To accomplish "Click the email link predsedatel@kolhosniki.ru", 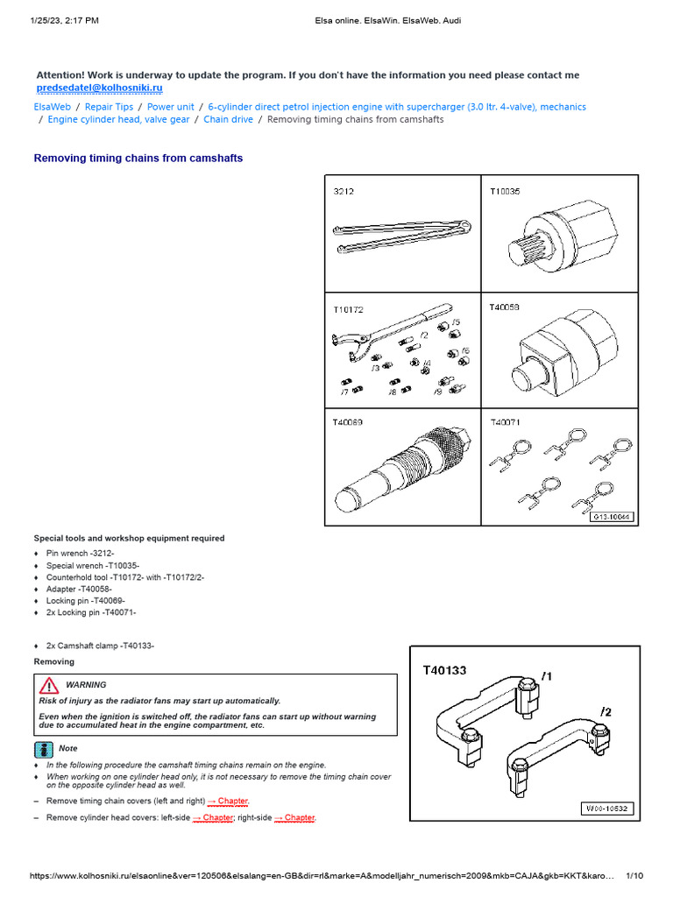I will (x=99, y=88).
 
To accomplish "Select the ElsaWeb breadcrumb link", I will (x=52, y=107).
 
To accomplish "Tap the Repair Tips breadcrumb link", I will (x=109, y=107).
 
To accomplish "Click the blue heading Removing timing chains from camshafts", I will (x=138, y=159).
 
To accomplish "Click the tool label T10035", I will (x=504, y=191).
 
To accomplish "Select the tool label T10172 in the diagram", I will (x=347, y=309).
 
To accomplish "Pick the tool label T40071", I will (x=505, y=421).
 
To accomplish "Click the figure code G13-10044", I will (x=606, y=516).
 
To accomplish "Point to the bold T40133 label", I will (x=444, y=670).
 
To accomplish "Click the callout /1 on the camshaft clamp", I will (x=546, y=675).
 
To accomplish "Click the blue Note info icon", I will (x=44, y=748).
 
